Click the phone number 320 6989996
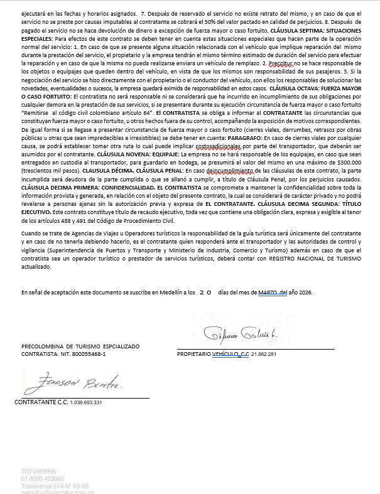tap(39, 471)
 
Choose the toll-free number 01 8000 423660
tap(47, 478)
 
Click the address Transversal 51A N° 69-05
tap(55, 486)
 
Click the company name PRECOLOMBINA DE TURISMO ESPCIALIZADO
tap(80, 346)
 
